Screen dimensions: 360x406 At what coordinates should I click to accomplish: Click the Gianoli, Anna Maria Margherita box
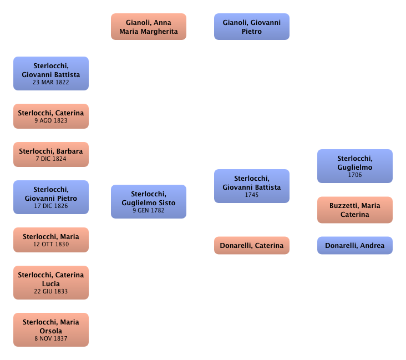[x=148, y=27]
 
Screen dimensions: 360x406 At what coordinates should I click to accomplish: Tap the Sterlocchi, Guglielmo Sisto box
[x=148, y=202]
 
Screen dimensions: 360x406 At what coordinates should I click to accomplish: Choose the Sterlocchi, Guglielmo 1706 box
[x=354, y=166]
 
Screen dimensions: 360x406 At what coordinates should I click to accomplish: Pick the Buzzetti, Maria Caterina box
[x=354, y=210]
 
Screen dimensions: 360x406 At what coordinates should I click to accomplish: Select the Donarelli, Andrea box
[x=354, y=245]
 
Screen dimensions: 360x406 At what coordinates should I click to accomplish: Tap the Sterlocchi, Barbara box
[x=50, y=154]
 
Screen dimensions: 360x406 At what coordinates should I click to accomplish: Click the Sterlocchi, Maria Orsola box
[x=50, y=329]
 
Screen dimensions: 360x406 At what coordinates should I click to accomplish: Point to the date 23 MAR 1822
[x=50, y=82]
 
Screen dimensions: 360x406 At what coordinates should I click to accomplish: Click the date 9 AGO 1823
[x=50, y=120]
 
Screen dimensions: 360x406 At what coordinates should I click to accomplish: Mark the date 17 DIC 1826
[x=50, y=206]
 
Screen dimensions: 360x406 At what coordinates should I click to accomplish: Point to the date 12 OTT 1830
[x=50, y=244]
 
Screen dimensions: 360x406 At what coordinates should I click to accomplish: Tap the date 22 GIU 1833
[x=50, y=292]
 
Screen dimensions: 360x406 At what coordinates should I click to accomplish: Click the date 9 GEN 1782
[x=148, y=210]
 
